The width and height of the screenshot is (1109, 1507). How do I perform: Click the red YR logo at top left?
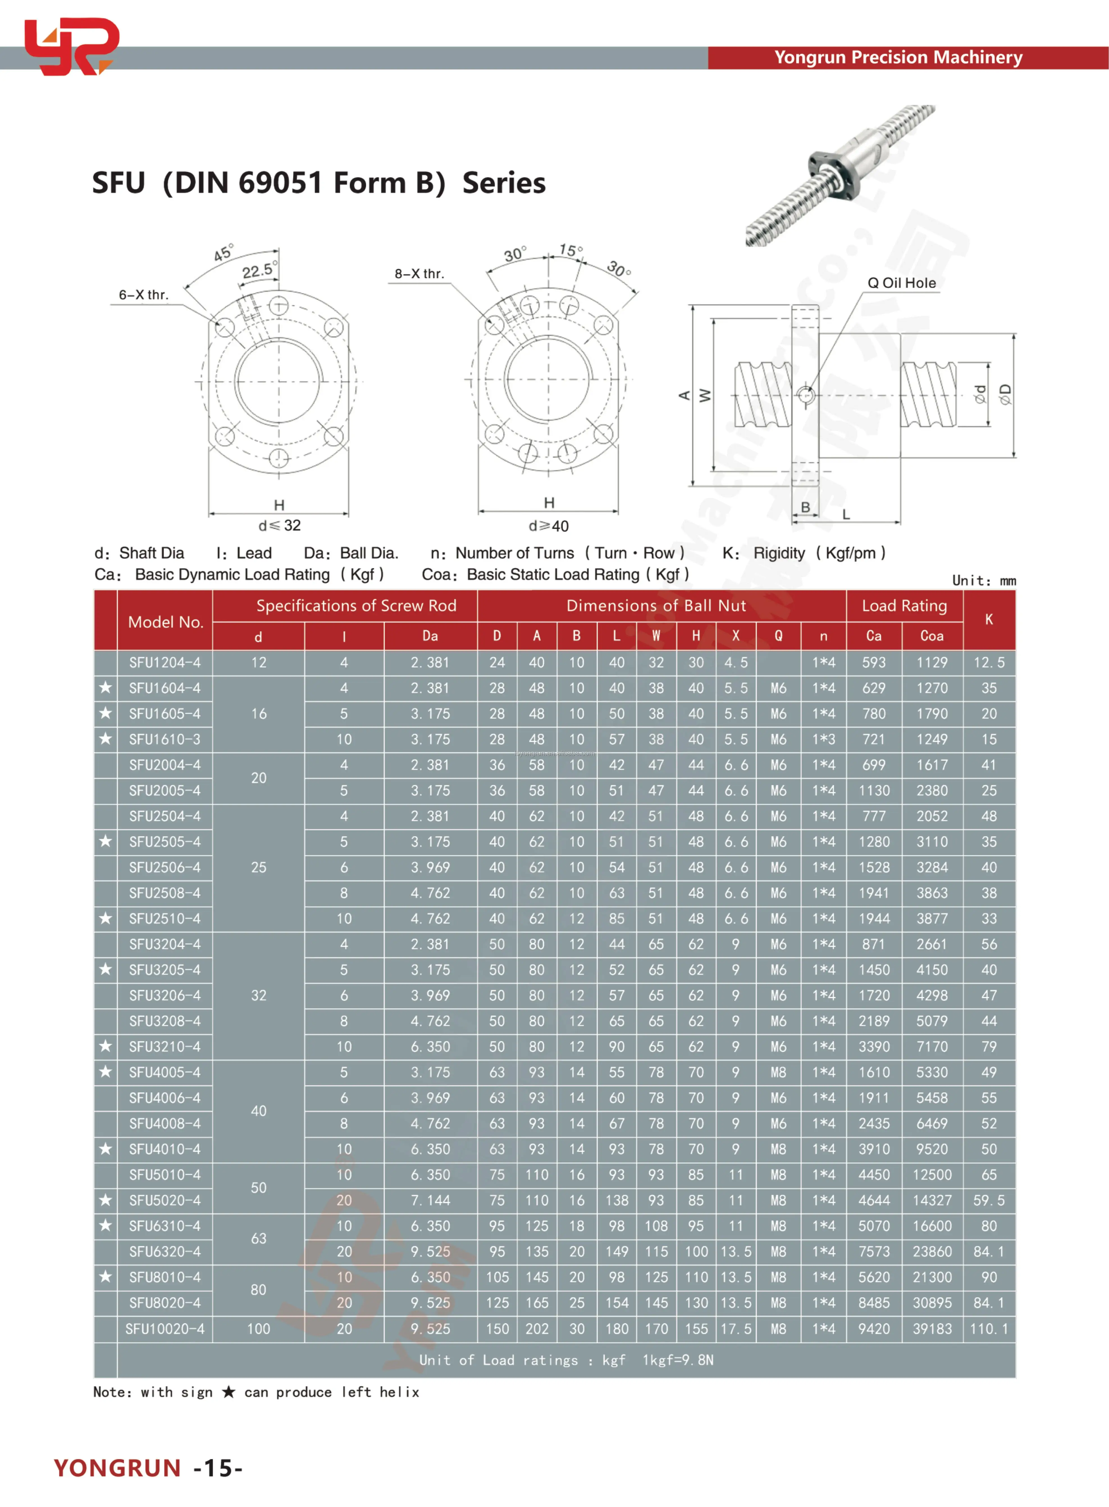click(x=70, y=46)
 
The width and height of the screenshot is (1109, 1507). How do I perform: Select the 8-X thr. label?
click(x=419, y=274)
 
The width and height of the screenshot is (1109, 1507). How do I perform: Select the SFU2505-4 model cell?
click(x=165, y=842)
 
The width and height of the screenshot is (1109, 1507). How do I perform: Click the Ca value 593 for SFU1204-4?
click(x=873, y=663)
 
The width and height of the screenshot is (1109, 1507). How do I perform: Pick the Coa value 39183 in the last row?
click(x=932, y=1328)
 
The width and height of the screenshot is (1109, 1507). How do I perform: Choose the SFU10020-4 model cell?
click(x=165, y=1328)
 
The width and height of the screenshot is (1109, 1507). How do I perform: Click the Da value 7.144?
click(x=430, y=1200)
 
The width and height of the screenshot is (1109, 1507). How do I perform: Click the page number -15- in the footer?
click(x=218, y=1468)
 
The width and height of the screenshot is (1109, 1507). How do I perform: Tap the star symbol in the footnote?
click(x=228, y=1392)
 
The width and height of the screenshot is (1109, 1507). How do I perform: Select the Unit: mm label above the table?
click(x=984, y=581)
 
